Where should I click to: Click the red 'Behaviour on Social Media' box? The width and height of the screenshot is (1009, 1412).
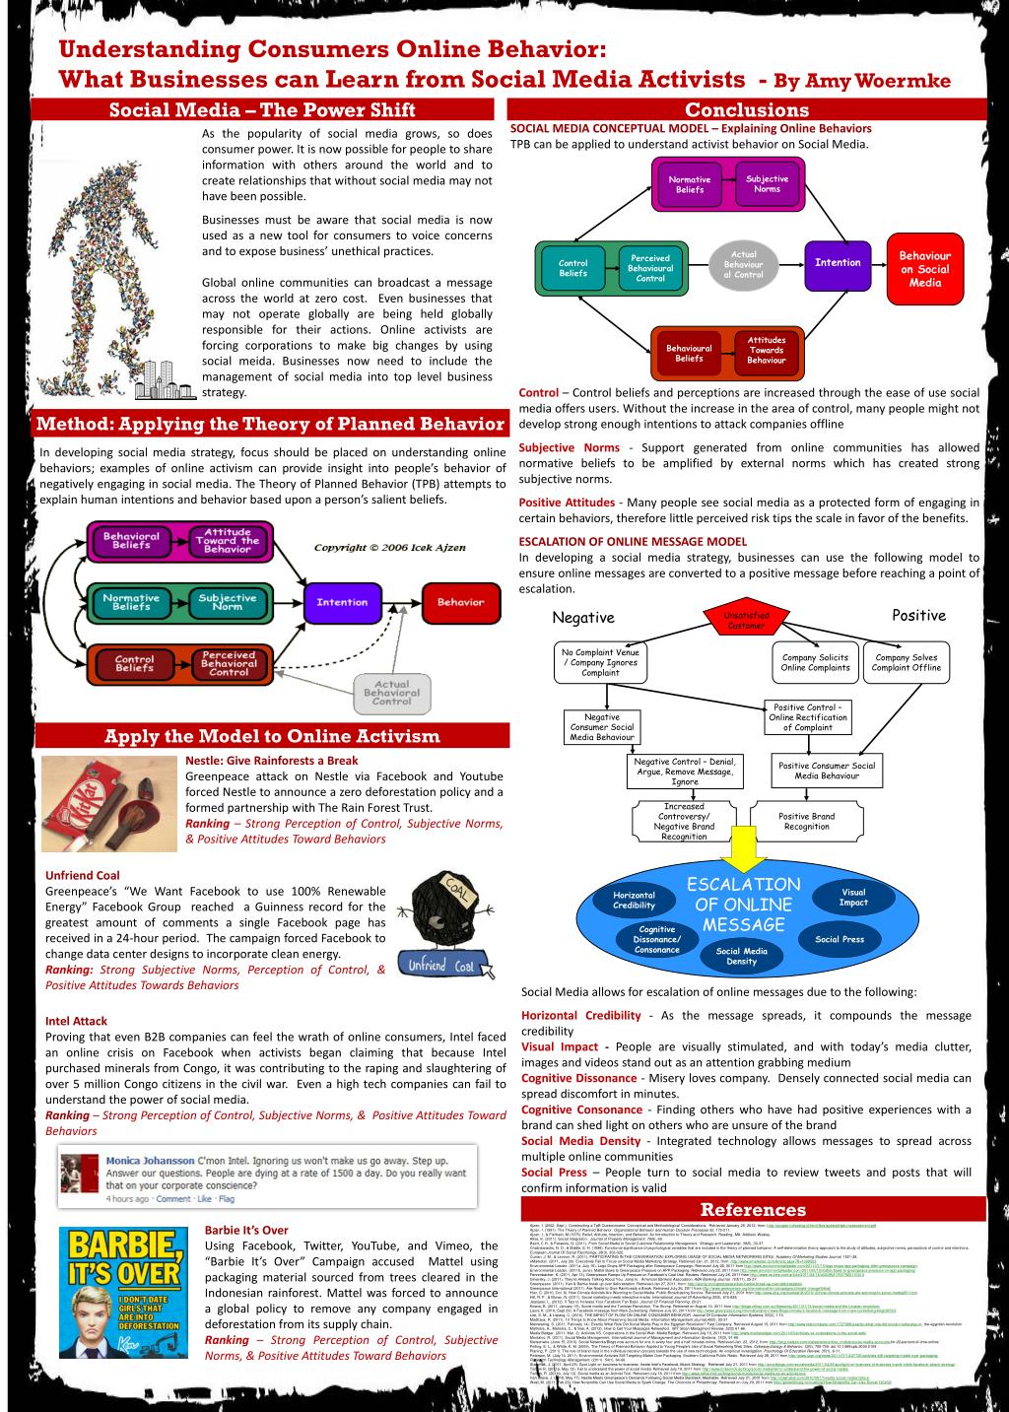(924, 269)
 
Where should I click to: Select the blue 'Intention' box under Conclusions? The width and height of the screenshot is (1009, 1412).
(838, 262)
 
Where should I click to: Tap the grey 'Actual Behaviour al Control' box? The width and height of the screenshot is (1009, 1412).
(743, 264)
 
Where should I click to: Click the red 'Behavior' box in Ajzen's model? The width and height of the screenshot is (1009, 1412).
(460, 602)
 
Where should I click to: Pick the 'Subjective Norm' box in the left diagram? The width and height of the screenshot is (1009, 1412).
(227, 602)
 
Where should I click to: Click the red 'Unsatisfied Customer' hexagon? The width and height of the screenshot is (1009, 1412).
(746, 621)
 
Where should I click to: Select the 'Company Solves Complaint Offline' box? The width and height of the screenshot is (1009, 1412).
(907, 662)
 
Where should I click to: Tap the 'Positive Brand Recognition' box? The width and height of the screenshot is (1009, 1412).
(806, 821)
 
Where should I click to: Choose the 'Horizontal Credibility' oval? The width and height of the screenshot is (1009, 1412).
(634, 900)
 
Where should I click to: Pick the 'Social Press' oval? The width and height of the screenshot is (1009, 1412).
(840, 939)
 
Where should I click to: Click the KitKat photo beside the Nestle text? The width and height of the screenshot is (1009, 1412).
(109, 802)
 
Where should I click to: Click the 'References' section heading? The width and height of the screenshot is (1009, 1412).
(753, 1209)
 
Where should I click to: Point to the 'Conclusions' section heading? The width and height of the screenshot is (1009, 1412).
(746, 110)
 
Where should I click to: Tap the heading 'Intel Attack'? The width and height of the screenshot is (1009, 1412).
(76, 1021)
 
